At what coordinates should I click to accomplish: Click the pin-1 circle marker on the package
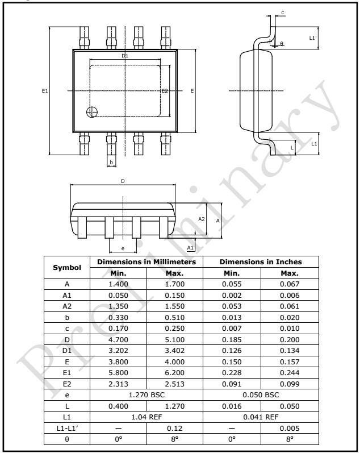91,112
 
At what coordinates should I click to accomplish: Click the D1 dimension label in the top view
125,56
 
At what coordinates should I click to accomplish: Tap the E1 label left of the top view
44,90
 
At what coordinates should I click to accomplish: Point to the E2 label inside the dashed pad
165,91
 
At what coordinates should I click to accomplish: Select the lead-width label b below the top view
111,163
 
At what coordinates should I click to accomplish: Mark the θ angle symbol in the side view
282,44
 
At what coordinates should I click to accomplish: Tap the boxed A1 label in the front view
191,248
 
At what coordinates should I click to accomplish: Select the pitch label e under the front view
123,246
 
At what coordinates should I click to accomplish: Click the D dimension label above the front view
122,181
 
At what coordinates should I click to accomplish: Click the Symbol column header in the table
68,267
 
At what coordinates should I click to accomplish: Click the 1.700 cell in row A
174,283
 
